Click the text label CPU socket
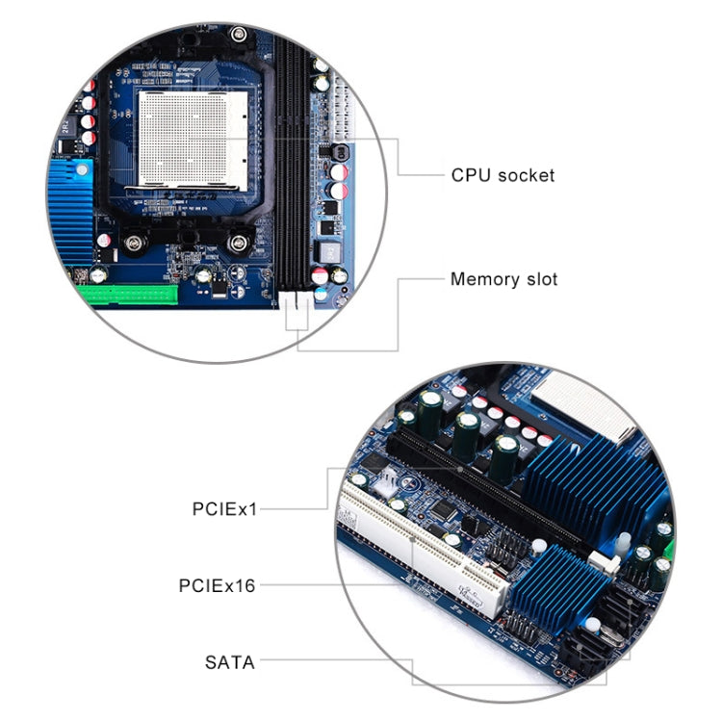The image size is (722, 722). click(503, 175)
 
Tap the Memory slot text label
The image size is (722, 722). click(503, 280)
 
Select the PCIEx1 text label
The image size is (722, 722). click(224, 507)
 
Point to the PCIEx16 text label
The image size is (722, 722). click(218, 584)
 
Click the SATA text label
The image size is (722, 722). click(230, 661)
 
